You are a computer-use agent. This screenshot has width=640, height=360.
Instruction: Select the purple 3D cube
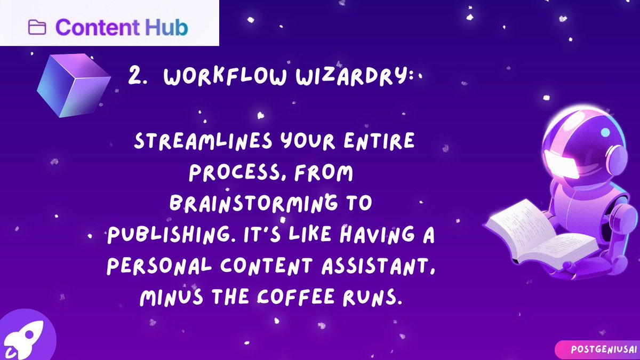pyautogui.click(x=73, y=85)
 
